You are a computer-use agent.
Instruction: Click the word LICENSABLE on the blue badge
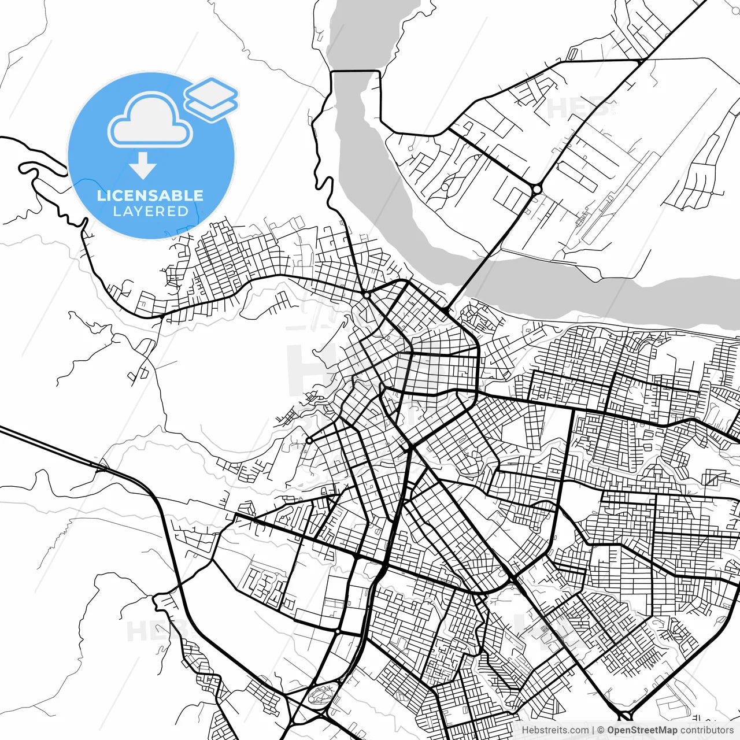click(x=150, y=195)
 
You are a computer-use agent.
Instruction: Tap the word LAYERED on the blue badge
click(x=150, y=212)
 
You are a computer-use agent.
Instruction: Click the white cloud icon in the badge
click(x=150, y=120)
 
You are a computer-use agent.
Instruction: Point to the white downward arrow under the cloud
click(x=142, y=166)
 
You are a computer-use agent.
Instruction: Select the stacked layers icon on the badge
click(x=211, y=99)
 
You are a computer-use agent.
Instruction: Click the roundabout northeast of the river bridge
click(x=537, y=189)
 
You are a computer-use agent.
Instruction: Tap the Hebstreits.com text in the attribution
click(x=555, y=730)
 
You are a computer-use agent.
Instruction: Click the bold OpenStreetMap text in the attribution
click(x=642, y=730)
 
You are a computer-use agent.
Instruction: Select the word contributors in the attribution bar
click(x=706, y=730)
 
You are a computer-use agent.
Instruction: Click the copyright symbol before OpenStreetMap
click(x=601, y=730)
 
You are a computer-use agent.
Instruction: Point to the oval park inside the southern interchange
click(x=322, y=693)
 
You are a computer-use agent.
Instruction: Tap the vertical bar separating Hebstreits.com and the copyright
click(x=593, y=730)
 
